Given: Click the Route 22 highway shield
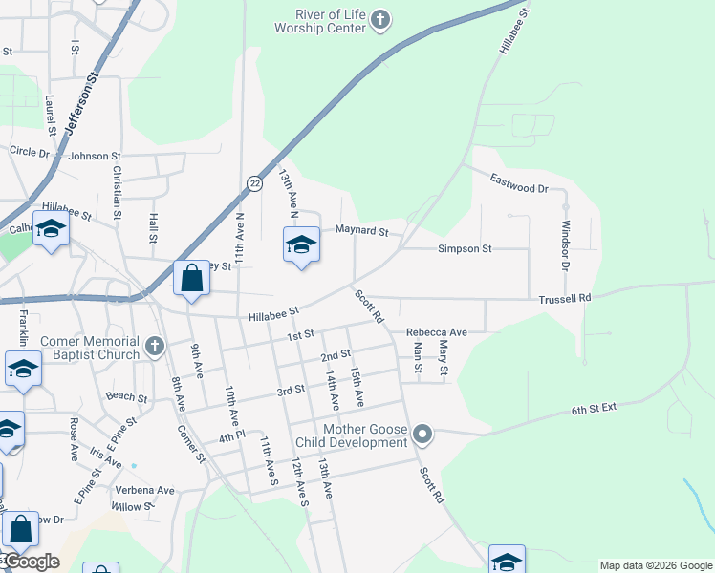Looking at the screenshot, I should coord(253,182).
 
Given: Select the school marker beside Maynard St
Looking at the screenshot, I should coord(301,245).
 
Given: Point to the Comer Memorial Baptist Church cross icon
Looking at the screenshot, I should coord(154,348).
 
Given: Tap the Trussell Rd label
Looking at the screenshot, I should coord(564,298).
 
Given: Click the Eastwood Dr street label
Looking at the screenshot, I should coord(518,183).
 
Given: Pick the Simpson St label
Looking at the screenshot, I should coord(465,248).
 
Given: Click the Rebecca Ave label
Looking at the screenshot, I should coord(436,332).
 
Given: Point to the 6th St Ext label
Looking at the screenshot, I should coord(595,408).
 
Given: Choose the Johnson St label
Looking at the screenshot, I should coord(95,156).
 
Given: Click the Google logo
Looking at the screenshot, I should coord(31,562).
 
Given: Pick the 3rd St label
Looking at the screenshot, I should coord(291,390).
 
